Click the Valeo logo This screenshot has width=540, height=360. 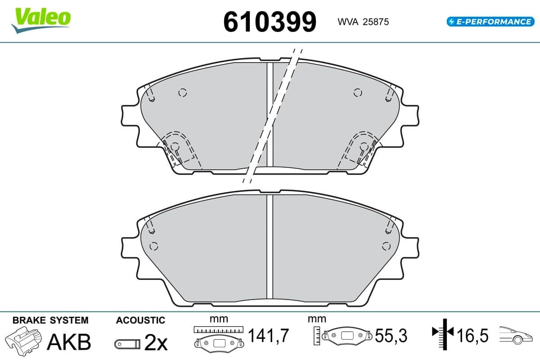click(41, 20)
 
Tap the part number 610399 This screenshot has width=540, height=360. click(270, 22)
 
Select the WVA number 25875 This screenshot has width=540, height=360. click(376, 22)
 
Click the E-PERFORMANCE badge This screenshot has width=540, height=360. click(490, 22)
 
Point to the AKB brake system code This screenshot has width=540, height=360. click(69, 342)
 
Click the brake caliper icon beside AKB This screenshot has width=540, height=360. click(23, 341)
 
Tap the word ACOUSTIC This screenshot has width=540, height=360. click(140, 320)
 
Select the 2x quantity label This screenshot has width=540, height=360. click(156, 343)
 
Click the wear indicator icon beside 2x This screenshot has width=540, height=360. click(127, 344)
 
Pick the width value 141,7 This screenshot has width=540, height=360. click(268, 335)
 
